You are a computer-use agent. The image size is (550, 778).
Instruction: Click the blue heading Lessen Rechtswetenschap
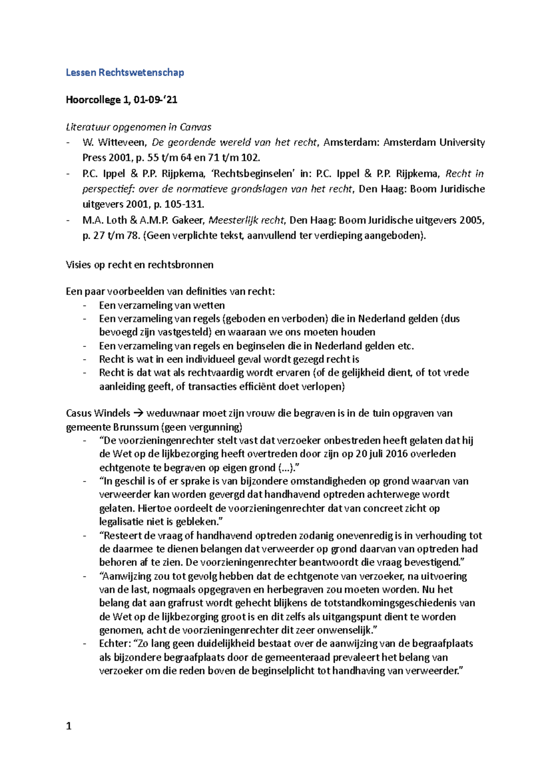[125, 72]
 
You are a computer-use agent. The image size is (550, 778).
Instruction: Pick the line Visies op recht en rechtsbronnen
[139, 265]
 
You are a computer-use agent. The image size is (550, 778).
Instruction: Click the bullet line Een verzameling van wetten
[162, 305]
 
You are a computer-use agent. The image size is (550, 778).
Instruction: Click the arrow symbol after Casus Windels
[138, 413]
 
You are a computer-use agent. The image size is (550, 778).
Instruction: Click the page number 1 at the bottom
[69, 726]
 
